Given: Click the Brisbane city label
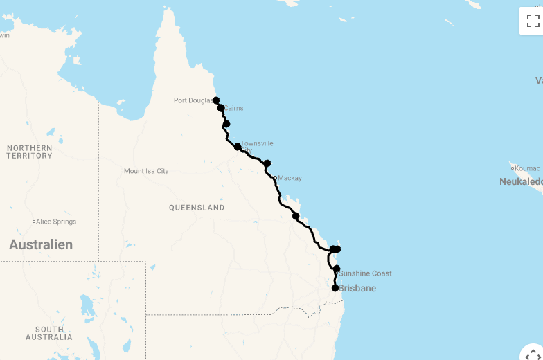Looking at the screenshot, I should [x=357, y=288].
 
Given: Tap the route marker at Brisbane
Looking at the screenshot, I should [x=335, y=288].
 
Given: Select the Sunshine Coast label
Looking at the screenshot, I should [x=366, y=273].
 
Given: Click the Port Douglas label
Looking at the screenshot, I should [x=193, y=100].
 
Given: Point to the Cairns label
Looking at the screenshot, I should [x=233, y=108].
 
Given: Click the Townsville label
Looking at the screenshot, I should [x=257, y=143].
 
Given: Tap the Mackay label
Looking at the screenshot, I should [x=290, y=178].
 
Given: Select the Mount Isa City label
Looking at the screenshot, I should [x=146, y=171].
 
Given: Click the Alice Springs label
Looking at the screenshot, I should [x=56, y=222].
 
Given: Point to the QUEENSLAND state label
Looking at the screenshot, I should [x=197, y=208].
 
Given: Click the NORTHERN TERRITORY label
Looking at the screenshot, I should [x=30, y=152].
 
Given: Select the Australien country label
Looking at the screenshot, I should [x=41, y=244].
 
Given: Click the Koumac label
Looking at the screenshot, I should [x=527, y=168].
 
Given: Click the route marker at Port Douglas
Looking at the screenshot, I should [x=216, y=100].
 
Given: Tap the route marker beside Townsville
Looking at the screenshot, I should [x=238, y=147].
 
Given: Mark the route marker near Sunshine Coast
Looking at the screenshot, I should [x=337, y=269].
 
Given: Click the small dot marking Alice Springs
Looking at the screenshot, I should [x=34, y=222].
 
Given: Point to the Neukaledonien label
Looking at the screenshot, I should [x=521, y=181].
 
